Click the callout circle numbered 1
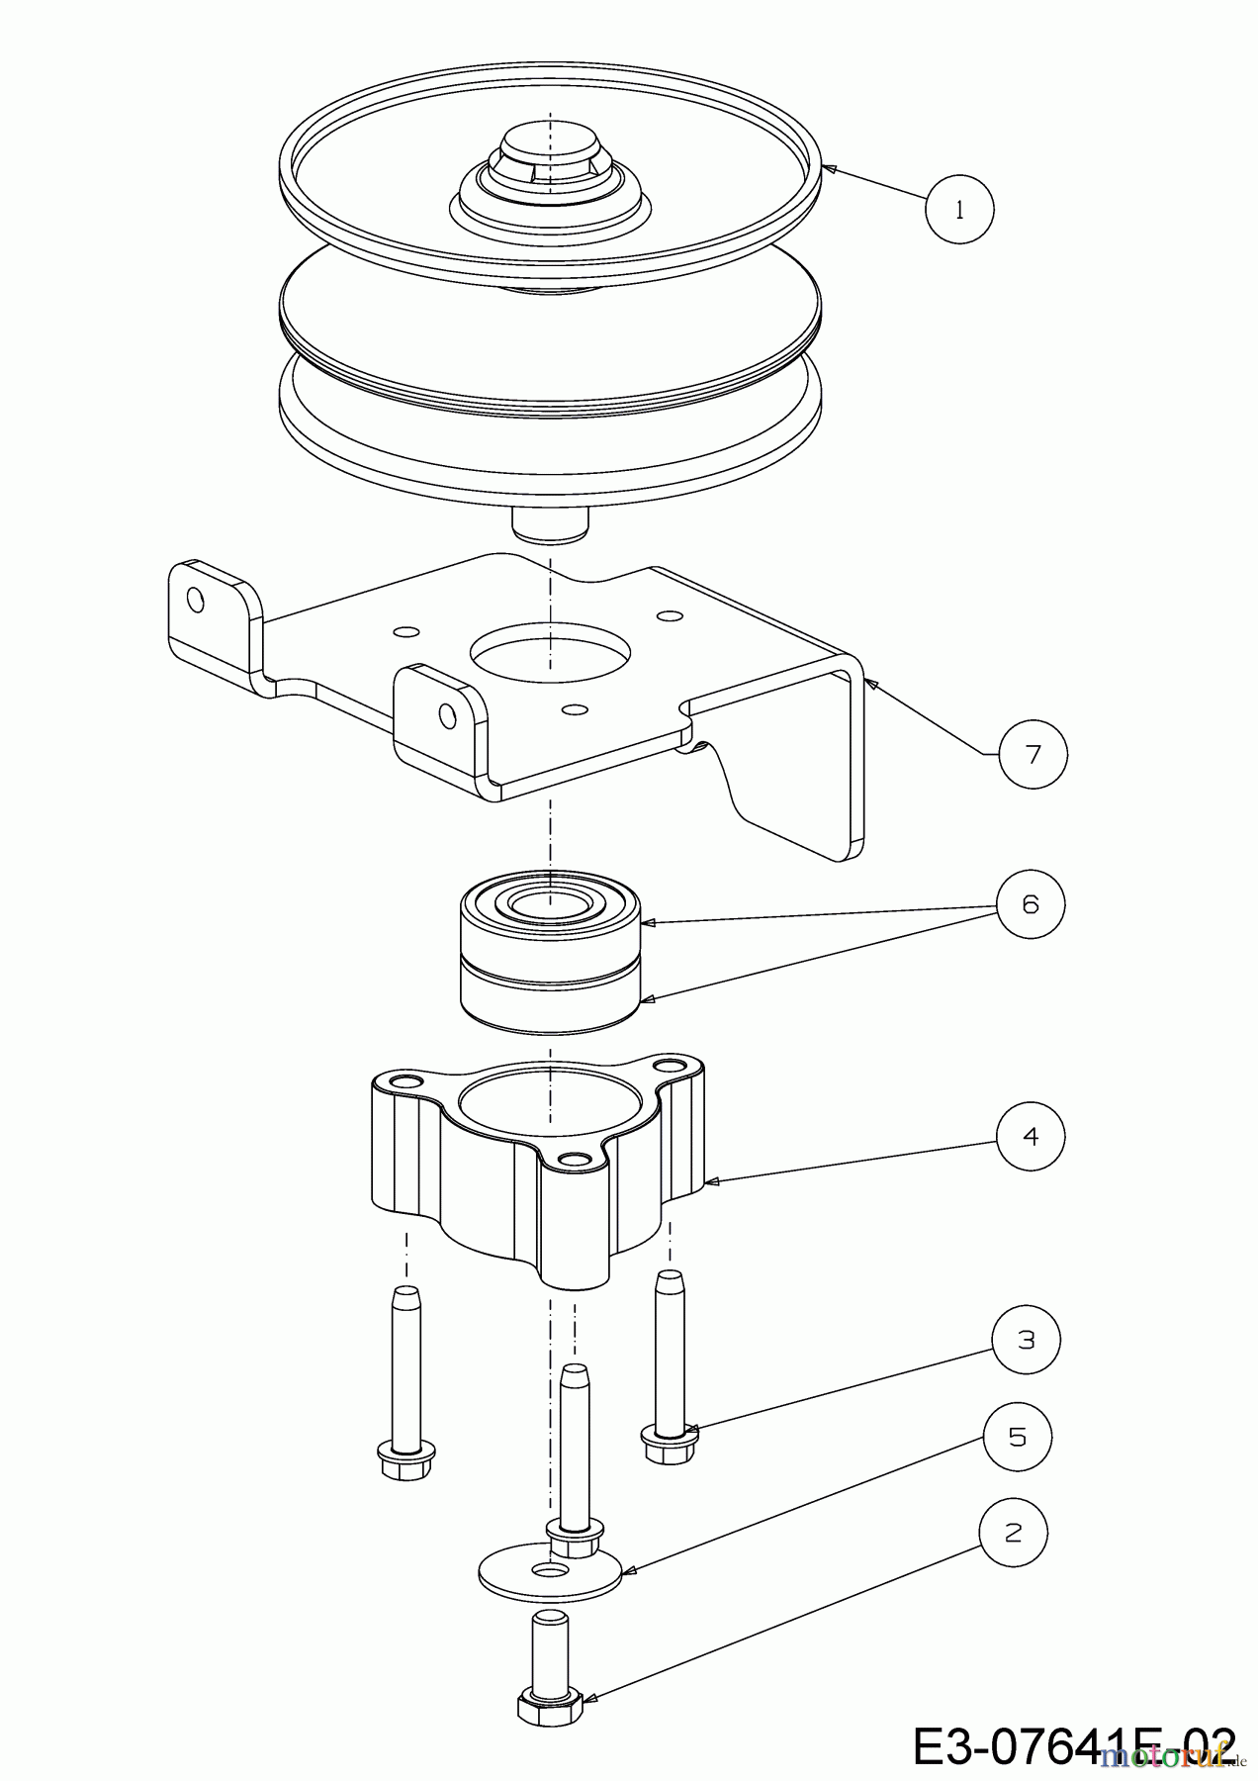(x=959, y=209)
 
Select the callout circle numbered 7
(x=1033, y=755)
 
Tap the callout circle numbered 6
(x=1031, y=904)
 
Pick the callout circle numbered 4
(x=1031, y=1137)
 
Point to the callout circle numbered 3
(x=1027, y=1341)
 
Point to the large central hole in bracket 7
(x=550, y=654)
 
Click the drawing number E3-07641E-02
(x=1073, y=1745)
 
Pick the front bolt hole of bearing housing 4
(x=570, y=1159)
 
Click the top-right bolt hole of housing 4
(x=674, y=1067)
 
